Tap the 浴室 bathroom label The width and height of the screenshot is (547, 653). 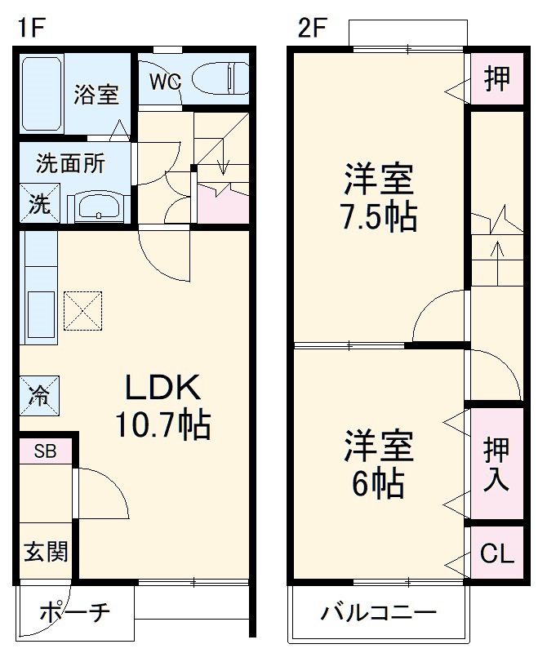[x=96, y=94]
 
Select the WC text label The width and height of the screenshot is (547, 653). [x=164, y=81]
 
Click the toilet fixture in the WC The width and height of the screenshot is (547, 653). [x=220, y=79]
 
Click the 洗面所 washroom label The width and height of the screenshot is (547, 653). [x=70, y=163]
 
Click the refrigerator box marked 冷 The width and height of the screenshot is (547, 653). [x=39, y=396]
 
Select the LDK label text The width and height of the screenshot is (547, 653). [x=162, y=387]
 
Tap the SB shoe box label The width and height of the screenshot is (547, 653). [x=45, y=451]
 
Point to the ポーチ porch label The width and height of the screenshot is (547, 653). [x=73, y=612]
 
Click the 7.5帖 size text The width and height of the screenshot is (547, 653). [x=377, y=217]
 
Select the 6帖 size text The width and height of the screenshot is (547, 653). [x=377, y=485]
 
